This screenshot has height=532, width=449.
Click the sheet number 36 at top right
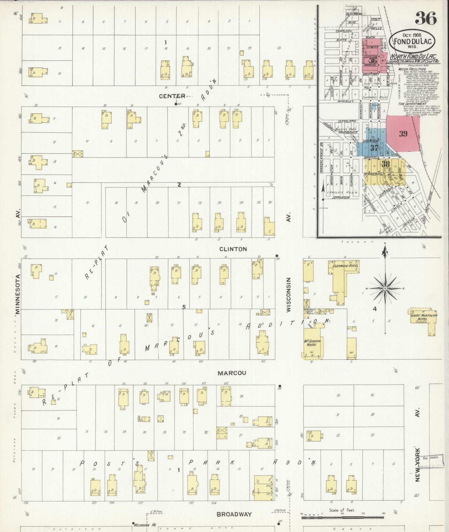tap(426, 18)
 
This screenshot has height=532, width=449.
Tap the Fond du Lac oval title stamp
tap(412, 41)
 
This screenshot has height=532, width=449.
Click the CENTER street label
tap(172, 96)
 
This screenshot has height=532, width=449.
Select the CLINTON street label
tap(233, 249)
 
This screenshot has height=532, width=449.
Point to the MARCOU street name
tap(232, 373)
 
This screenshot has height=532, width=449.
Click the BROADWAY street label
tap(234, 514)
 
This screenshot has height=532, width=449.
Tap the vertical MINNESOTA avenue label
tap(18, 294)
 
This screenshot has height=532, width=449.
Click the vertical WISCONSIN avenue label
tap(289, 295)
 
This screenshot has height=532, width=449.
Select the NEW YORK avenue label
tap(417, 464)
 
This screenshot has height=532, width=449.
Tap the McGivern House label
tap(312, 342)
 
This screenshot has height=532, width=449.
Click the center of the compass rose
tap(385, 289)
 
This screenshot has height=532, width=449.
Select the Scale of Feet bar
tap(342, 518)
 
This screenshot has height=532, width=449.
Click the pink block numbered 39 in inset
tap(403, 134)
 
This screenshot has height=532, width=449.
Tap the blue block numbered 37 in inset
tap(374, 148)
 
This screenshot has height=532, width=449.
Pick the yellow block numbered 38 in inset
tap(386, 164)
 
